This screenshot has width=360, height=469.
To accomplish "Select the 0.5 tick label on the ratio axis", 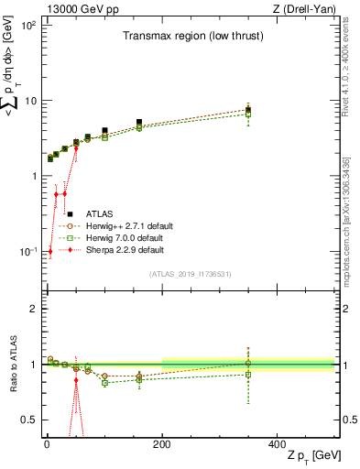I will tap(27, 420).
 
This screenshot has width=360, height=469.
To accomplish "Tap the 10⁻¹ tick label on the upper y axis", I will tap(26, 251).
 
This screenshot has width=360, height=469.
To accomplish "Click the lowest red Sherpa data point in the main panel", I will tap(50, 251).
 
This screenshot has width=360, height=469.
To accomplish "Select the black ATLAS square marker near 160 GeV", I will tap(139, 122).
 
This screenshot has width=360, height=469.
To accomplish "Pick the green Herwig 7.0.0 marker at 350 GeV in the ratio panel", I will tap(247, 374).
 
